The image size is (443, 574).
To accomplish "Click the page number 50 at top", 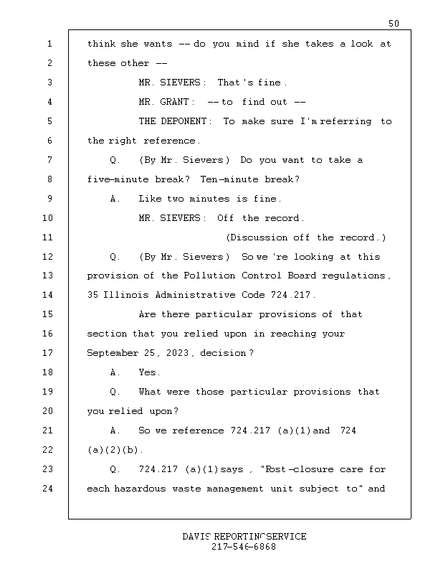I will click(x=394, y=24).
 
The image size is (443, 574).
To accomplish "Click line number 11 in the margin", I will click(x=48, y=237).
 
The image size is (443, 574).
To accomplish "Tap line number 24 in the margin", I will click(x=48, y=489).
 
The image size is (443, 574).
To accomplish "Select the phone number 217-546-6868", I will click(x=244, y=547).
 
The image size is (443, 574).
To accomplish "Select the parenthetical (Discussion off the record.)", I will click(x=305, y=237).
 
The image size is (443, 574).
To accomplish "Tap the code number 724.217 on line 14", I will click(x=293, y=296).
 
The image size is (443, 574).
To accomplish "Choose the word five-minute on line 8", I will click(x=117, y=179).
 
